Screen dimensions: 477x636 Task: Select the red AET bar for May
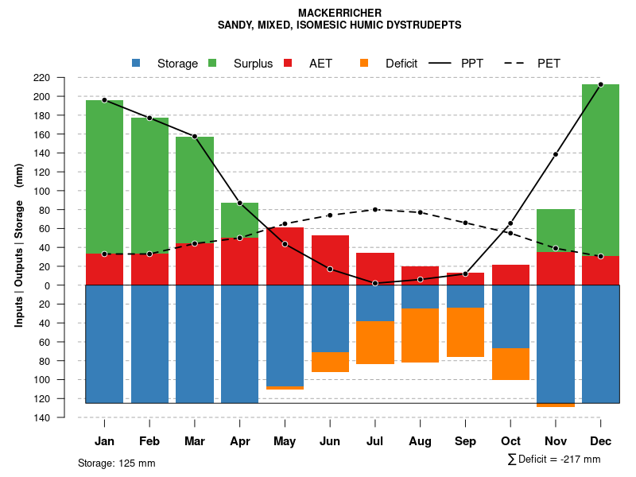[285, 256]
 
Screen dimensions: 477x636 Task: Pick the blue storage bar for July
[375, 303]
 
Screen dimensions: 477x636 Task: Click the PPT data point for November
[556, 154]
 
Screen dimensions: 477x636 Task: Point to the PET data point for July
[375, 209]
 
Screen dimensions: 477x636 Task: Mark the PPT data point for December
[600, 84]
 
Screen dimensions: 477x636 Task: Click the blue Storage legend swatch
[136, 64]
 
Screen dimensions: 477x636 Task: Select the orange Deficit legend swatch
[364, 64]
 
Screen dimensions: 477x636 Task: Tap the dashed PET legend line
[518, 64]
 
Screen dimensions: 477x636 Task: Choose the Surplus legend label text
[253, 64]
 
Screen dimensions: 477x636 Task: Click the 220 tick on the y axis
[64, 78]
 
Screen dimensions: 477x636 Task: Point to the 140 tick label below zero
[64, 417]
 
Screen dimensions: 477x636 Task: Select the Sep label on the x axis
[465, 441]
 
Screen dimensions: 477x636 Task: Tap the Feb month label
[149, 441]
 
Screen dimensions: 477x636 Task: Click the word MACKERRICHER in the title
[339, 13]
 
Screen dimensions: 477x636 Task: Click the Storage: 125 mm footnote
[116, 463]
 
